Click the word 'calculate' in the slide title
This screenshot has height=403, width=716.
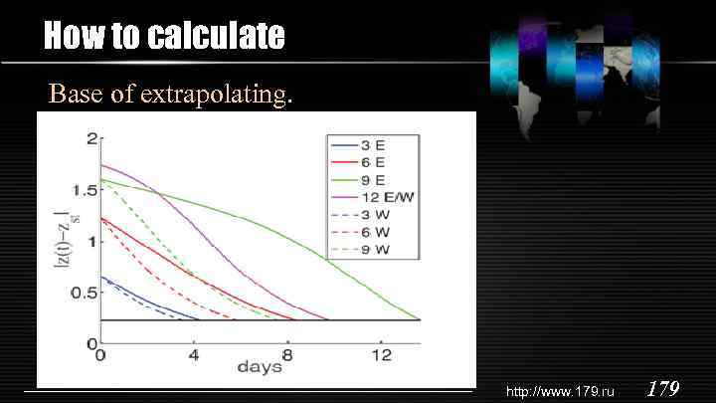(216, 37)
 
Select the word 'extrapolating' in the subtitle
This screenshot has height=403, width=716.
(216, 95)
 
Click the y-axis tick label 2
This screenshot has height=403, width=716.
(91, 137)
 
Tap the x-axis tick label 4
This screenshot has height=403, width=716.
(194, 355)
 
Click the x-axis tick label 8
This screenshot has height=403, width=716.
(287, 355)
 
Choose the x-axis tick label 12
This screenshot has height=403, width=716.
(381, 355)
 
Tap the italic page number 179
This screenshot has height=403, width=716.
(663, 388)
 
